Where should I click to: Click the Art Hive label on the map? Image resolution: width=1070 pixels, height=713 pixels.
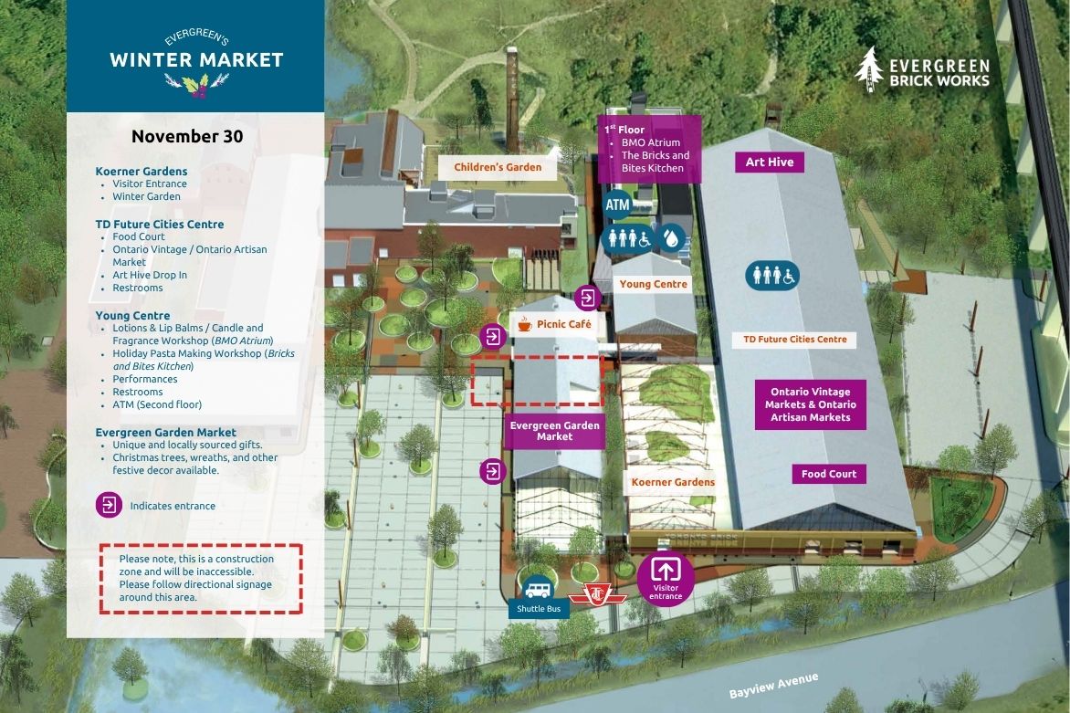(x=770, y=162)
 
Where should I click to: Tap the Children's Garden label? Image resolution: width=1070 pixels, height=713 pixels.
(x=498, y=166)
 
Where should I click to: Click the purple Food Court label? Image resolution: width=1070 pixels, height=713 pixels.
(x=829, y=474)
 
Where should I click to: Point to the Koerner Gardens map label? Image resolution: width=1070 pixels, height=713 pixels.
(x=673, y=482)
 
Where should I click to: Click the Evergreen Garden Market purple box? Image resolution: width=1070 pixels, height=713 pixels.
(x=555, y=431)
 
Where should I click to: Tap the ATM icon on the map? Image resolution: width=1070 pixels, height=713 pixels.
(x=618, y=204)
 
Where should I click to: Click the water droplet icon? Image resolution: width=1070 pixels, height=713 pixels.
(x=673, y=238)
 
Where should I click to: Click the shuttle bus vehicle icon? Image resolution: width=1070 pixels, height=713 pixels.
(x=537, y=586)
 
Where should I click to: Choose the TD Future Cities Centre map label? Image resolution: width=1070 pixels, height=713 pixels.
(x=794, y=340)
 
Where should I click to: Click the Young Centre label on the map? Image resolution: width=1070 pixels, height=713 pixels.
(x=654, y=284)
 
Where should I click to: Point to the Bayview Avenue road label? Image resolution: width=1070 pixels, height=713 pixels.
(x=773, y=686)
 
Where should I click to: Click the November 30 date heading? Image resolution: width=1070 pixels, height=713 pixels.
(x=187, y=137)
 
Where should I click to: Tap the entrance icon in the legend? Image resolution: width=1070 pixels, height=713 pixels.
(x=109, y=505)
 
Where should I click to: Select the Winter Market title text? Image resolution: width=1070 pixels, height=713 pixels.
(x=196, y=60)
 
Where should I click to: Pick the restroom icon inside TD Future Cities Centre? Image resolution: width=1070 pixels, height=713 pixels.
(x=772, y=274)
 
